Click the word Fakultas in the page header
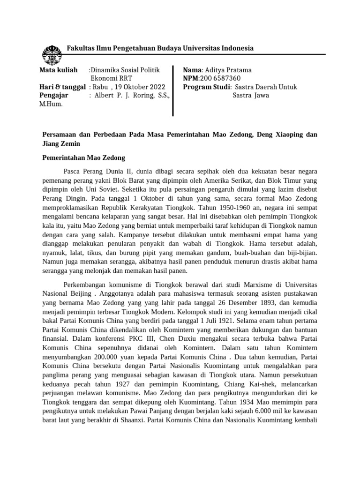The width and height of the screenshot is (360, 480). point(80,48)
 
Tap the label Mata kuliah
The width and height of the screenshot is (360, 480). point(57,70)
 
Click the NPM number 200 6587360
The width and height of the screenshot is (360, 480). point(220,78)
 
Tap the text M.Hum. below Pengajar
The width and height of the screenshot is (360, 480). point(51,104)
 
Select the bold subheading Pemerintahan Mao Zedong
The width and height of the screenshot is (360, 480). point(84,158)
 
